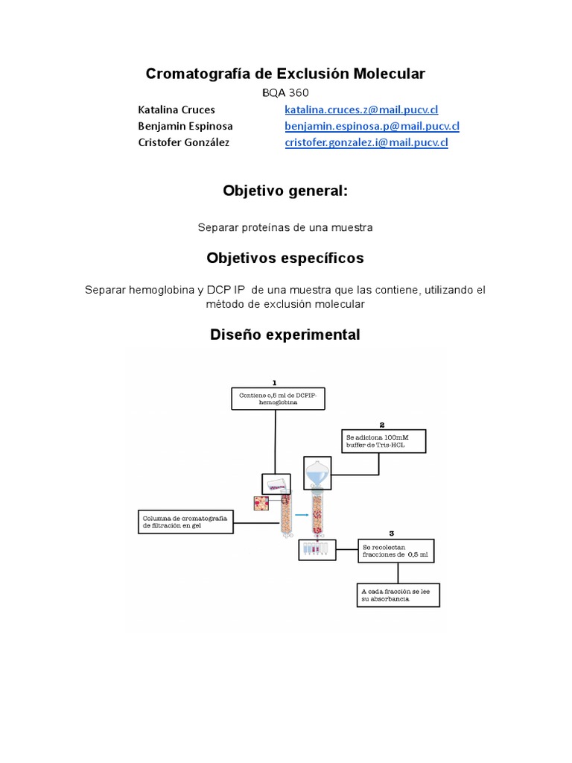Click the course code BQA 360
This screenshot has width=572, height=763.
(285, 92)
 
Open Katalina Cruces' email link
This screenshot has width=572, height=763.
(361, 110)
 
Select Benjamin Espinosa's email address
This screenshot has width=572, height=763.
(372, 126)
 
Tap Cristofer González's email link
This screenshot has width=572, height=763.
(366, 142)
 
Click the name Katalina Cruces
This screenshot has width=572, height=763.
(177, 110)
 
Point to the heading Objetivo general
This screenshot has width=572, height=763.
(285, 191)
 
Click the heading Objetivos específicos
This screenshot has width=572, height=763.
(285, 259)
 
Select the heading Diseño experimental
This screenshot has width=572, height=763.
(285, 335)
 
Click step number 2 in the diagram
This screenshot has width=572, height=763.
(381, 423)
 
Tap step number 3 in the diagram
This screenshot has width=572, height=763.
(392, 534)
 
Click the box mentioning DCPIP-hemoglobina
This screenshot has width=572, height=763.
(277, 398)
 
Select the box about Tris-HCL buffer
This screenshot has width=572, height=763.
(384, 441)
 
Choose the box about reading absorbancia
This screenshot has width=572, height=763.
(398, 595)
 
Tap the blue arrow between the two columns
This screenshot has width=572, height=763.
(302, 514)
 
